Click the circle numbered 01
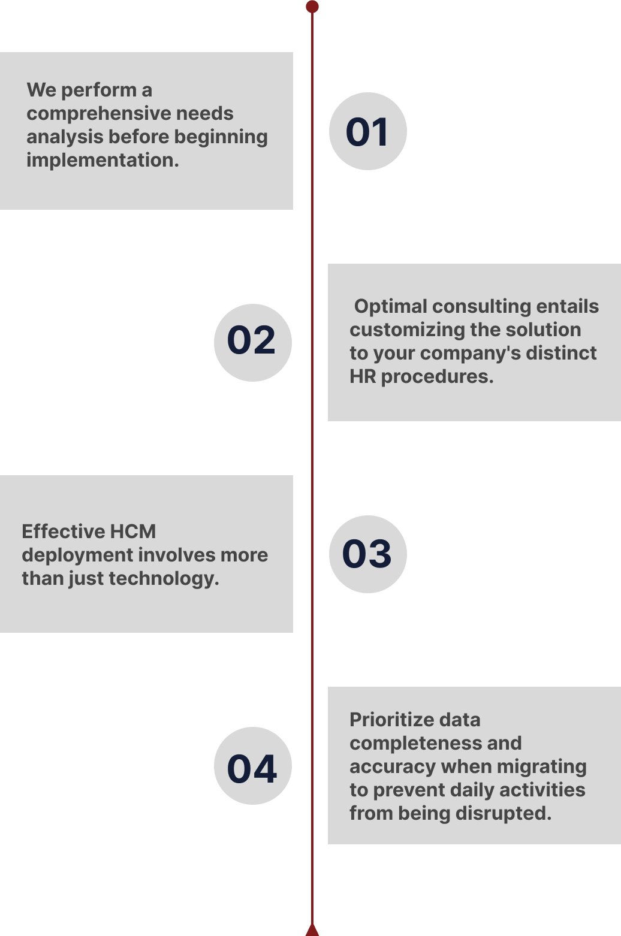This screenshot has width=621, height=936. click(368, 131)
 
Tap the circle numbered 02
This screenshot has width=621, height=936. click(253, 343)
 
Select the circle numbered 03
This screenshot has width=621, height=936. click(368, 554)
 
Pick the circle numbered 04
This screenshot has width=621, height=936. click(253, 765)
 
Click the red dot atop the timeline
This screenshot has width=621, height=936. click(312, 7)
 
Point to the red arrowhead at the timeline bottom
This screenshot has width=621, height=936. click(312, 930)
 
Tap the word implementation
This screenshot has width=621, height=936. click(103, 160)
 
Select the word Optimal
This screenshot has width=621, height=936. click(390, 307)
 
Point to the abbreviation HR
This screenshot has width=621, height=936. click(363, 376)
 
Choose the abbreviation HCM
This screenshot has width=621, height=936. click(133, 532)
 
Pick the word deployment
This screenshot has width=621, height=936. click(77, 555)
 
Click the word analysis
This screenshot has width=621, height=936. click(65, 137)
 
